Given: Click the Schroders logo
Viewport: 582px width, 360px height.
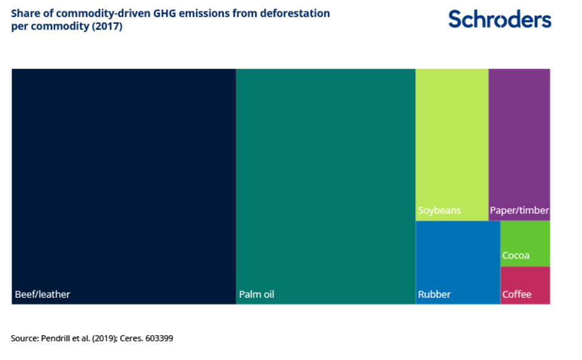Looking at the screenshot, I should pos(499,19).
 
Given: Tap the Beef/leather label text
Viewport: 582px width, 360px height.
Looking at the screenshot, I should pos(42,294).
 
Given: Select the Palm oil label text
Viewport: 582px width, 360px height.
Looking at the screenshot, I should pos(257,294).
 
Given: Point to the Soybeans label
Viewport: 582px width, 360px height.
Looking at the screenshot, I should pos(439,211).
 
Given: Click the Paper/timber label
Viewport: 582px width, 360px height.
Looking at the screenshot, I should pos(519,211).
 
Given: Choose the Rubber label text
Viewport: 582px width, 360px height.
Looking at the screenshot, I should pos(435,294).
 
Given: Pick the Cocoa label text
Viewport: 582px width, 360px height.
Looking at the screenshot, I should pos(516,256).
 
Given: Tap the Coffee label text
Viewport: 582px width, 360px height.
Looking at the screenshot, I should pos(517,294).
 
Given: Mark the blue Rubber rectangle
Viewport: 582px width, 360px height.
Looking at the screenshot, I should pos(458,255).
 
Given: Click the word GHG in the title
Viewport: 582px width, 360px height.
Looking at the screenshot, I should pos(179,13).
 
